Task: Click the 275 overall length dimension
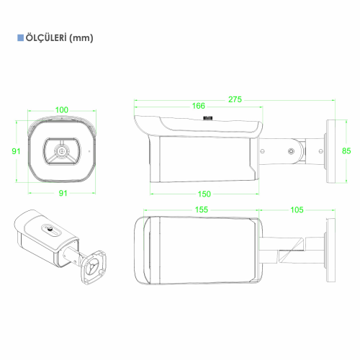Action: [235, 99]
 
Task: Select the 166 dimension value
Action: [199, 106]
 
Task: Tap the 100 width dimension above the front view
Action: [62, 110]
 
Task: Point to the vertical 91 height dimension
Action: [16, 151]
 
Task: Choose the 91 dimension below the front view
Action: [63, 193]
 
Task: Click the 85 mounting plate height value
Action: [346, 151]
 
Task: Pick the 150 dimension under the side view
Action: [204, 194]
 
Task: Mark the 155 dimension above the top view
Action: [202, 210]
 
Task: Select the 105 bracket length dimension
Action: [297, 210]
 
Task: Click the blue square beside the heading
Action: [20, 38]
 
